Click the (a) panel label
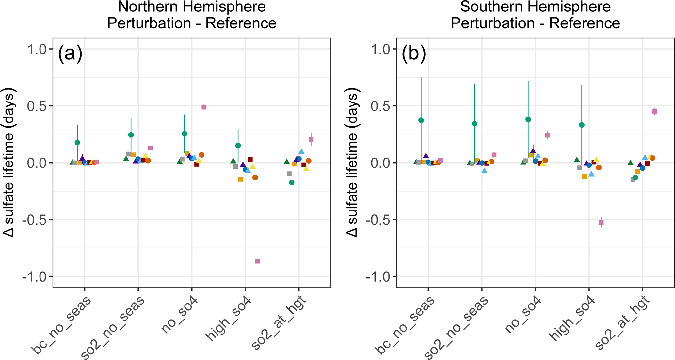[70, 53]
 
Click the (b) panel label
[414, 53]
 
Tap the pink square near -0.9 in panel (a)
[258, 261]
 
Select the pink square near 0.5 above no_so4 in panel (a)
[204, 107]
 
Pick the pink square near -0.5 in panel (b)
[601, 222]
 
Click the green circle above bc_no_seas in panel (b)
[421, 120]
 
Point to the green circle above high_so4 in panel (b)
[582, 125]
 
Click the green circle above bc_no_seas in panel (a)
[77, 143]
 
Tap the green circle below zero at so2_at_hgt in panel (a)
[292, 183]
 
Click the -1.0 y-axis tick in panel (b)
[379, 277]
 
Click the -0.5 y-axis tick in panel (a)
[36, 220]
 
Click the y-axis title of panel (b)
[352, 163]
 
